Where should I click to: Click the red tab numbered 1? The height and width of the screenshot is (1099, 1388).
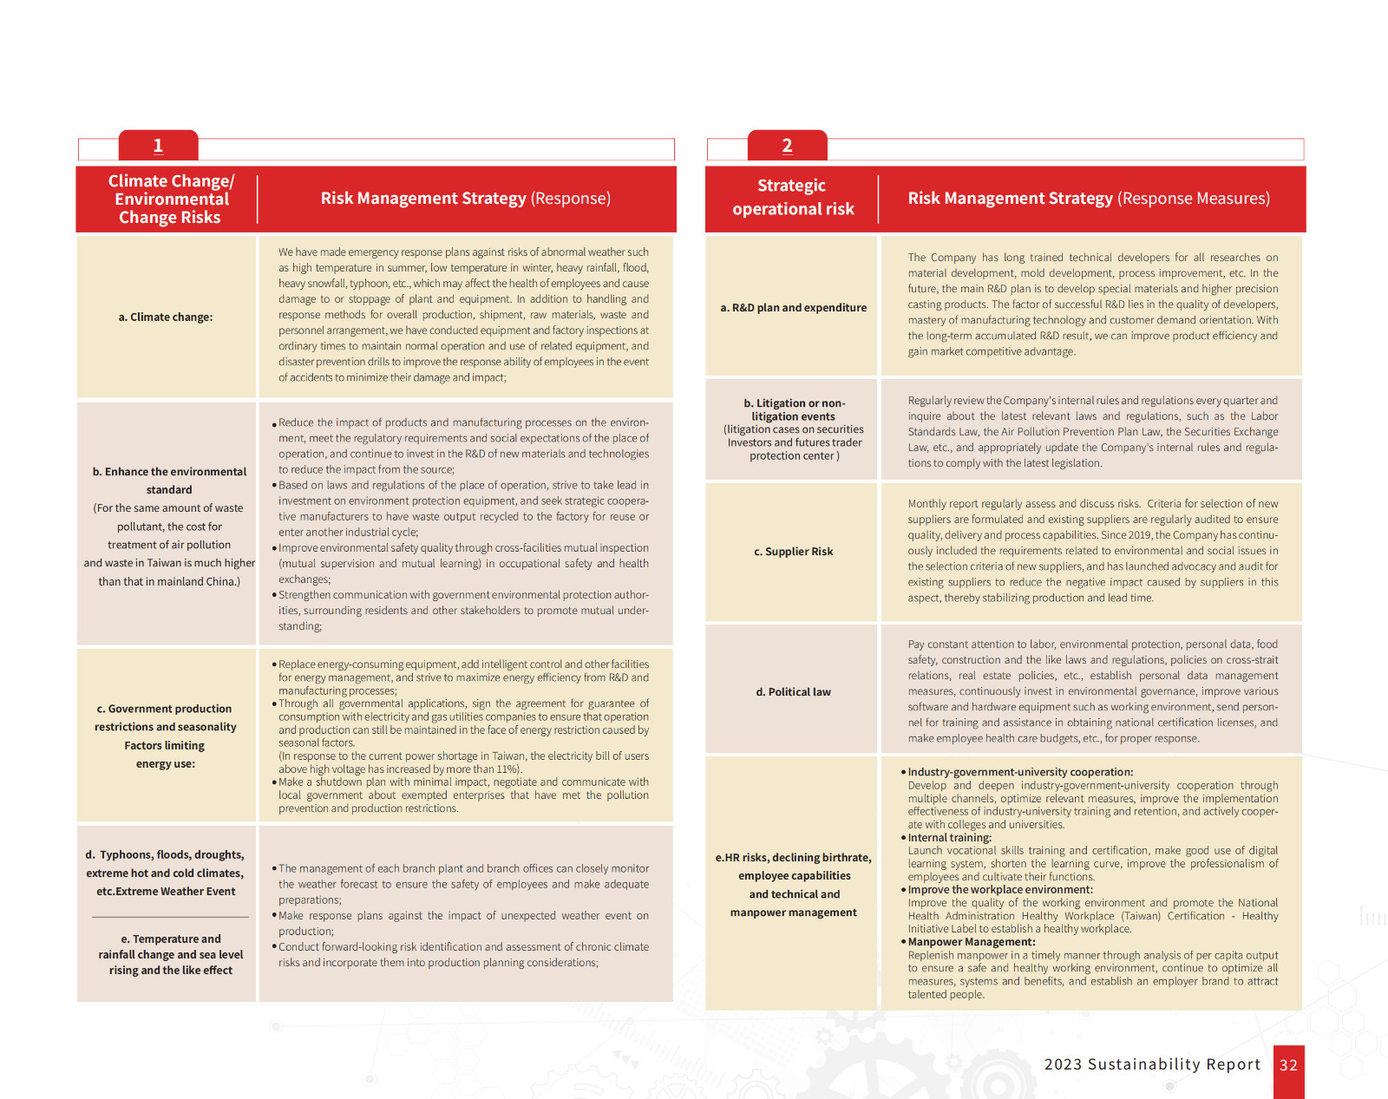(158, 146)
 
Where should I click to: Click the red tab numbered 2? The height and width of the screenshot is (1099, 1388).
(787, 146)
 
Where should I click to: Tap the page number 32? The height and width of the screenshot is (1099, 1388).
(1288, 1065)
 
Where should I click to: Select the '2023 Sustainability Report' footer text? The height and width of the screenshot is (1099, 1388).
(1152, 1064)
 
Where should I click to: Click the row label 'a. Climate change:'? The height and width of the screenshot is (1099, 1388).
(166, 317)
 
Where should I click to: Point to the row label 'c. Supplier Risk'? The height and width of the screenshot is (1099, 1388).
(793, 552)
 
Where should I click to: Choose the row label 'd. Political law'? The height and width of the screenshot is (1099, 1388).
(793, 692)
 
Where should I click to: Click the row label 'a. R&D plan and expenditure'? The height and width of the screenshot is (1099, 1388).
(793, 308)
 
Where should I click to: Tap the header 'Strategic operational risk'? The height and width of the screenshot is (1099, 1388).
(792, 198)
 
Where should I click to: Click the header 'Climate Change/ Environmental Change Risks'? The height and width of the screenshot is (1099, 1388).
(171, 200)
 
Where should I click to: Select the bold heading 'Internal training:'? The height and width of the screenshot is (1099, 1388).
(949, 838)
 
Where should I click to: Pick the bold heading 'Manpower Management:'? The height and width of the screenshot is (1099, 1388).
(971, 942)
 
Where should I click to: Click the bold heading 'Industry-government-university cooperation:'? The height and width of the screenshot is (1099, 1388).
(1020, 772)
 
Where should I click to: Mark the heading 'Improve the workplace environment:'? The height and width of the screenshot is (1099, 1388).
(1000, 890)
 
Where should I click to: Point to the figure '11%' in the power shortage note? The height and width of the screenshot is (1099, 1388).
(507, 769)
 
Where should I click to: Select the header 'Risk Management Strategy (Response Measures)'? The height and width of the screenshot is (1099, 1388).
(1089, 199)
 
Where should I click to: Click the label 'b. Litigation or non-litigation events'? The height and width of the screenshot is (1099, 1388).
(794, 409)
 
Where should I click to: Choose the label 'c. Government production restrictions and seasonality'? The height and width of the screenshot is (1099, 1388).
(165, 718)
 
